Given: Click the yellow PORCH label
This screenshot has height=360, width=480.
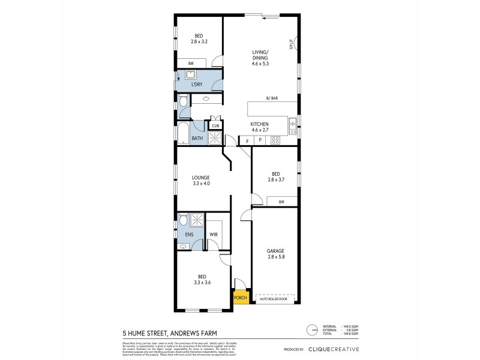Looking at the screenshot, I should click(239, 298).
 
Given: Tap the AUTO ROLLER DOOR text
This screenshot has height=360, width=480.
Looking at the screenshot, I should click(276, 298).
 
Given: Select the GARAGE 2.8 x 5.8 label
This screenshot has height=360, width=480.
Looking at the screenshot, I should click(276, 254).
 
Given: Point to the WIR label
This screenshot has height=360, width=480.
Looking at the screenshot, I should click(213, 235).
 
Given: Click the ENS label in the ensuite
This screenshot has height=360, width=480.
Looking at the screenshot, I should click(188, 235).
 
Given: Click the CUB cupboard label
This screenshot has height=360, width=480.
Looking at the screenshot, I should click(215, 125).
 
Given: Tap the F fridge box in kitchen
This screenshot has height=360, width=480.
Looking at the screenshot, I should click(245, 140).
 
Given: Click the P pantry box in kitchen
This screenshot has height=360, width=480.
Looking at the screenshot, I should click(260, 140).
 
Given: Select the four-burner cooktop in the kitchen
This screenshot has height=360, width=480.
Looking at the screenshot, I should click(276, 140).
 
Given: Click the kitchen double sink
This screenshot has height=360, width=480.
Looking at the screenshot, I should click(292, 125).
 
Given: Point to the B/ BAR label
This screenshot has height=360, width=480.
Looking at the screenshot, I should click(272, 98).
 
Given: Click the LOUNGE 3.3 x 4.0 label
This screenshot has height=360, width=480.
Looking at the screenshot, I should click(200, 181).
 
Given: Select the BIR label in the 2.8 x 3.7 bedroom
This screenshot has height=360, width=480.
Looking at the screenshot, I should click(281, 202).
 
